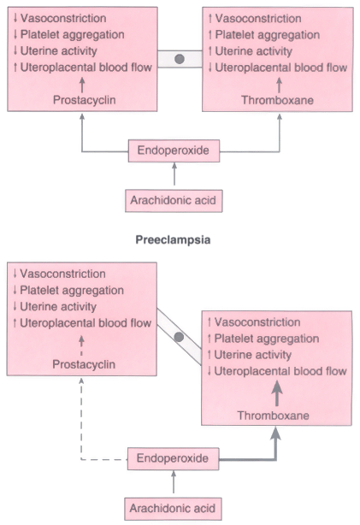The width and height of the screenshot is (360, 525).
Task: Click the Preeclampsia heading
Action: [173, 239]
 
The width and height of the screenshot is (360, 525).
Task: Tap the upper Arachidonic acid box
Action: [174, 201]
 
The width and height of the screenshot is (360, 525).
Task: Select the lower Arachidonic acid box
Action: [173, 509]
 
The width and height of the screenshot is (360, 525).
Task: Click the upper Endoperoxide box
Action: [174, 150]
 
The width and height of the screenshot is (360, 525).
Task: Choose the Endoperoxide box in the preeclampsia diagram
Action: [173, 458]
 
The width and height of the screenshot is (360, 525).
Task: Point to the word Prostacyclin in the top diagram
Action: [85, 100]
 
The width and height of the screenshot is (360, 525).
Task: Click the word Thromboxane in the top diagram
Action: [278, 100]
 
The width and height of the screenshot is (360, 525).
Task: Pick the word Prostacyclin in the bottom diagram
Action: [84, 364]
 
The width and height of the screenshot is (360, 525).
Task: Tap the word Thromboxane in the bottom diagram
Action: [274, 416]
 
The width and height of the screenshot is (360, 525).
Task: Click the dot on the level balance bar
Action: [180, 59]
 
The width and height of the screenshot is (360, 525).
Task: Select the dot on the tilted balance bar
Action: [179, 337]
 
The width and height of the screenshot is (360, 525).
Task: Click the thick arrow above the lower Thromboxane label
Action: [276, 393]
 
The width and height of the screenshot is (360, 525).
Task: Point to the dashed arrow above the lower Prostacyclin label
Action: [81, 346]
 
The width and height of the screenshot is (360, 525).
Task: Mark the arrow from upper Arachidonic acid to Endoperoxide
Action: [174, 174]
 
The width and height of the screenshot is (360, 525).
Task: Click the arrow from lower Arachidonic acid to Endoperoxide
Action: [174, 481]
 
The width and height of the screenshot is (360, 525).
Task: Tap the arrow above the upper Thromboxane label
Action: [280, 86]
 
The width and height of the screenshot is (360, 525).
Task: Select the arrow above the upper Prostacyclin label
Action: [82, 85]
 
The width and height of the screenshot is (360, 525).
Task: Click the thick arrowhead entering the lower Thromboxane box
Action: [275, 433]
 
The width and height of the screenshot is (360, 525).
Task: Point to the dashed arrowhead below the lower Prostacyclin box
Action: [81, 380]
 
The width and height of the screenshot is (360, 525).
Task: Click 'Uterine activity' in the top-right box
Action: [253, 51]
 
